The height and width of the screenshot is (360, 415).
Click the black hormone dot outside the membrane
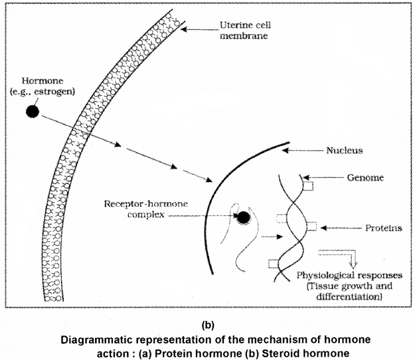point(31,111)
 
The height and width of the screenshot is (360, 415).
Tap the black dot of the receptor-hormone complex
point(244,217)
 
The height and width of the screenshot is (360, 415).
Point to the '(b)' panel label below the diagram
point(208,325)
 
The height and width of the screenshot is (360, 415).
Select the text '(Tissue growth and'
point(338,287)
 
